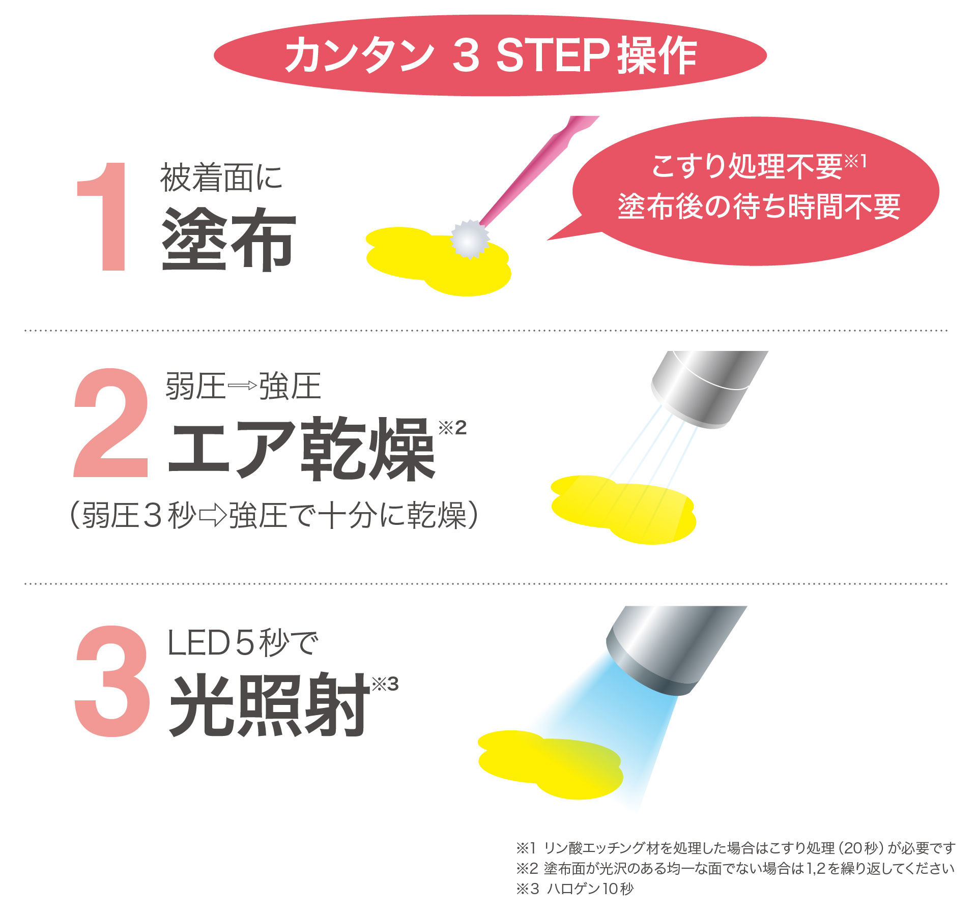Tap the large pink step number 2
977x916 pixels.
coord(111,423)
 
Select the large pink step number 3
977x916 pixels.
coord(112,681)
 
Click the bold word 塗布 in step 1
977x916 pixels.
coord(228,239)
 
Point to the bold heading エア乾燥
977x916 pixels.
coord(301,449)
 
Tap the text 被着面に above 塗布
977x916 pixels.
coord(221,178)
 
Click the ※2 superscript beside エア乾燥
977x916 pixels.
coord(452,428)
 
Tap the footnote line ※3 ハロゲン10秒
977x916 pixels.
coord(575,889)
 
